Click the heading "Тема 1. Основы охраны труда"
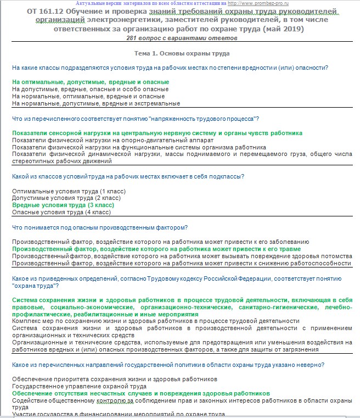pyautogui.click(x=182, y=53)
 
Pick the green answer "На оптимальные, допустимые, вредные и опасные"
pyautogui.click(x=91, y=82)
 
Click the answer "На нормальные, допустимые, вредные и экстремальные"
pyautogui.click(x=96, y=103)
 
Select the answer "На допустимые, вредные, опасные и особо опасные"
pyautogui.click(x=90, y=89)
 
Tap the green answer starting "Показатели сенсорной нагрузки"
pyautogui.click(x=157, y=133)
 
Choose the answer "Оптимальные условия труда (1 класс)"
pyautogui.click(x=69, y=191)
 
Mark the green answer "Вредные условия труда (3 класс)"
pyautogui.click(x=63, y=205)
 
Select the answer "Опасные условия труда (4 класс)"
pyautogui.click(x=61, y=212)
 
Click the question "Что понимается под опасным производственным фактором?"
pyautogui.click(x=100, y=227)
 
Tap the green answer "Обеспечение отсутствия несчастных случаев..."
pyautogui.click(x=141, y=394)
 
